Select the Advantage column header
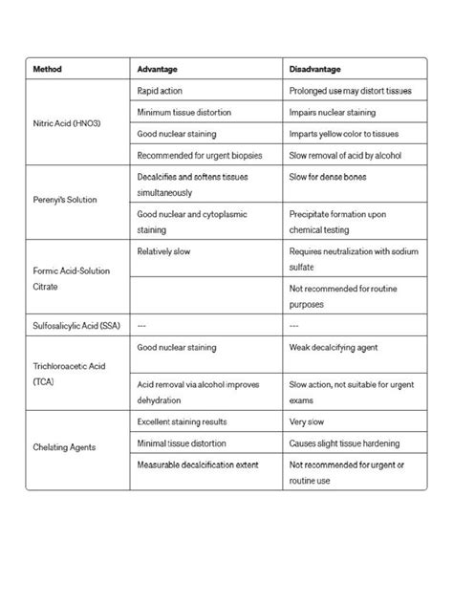(x=158, y=69)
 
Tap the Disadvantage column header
(x=316, y=69)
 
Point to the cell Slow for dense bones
(x=327, y=177)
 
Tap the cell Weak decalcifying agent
(x=334, y=348)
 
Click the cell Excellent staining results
(x=181, y=421)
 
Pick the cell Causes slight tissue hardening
(x=344, y=443)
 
